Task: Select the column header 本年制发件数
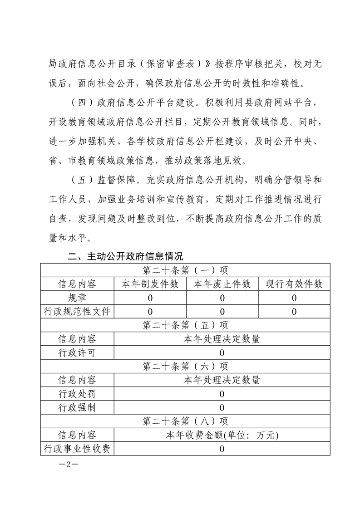point(150,284)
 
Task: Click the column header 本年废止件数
point(222,284)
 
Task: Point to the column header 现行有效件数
point(294,284)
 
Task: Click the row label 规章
point(77,298)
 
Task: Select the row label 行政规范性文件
point(77,312)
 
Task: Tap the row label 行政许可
point(77,353)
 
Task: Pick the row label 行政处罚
point(77,394)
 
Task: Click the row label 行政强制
point(77,407)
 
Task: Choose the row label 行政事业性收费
point(77,449)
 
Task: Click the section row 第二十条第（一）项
point(185,270)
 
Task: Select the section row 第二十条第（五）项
point(185,325)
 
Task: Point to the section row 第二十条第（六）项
point(185,367)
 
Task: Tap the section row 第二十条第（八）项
point(185,421)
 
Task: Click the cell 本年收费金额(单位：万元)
point(222,435)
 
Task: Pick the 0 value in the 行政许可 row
point(222,353)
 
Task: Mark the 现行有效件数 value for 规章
point(294,298)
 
